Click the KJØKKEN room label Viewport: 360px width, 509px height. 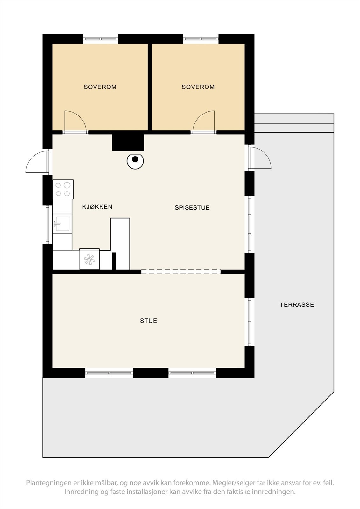click(x=97, y=207)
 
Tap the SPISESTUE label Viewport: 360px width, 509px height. click(x=192, y=208)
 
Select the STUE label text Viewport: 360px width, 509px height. click(x=149, y=321)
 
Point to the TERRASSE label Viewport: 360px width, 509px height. click(x=297, y=305)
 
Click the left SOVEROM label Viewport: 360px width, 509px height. click(x=100, y=87)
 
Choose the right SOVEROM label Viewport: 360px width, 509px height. click(x=198, y=87)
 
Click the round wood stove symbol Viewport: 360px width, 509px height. click(x=135, y=161)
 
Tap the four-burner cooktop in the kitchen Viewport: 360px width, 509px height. click(x=63, y=189)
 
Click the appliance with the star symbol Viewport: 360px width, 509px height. click(x=89, y=259)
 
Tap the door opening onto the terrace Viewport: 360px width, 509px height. click(x=260, y=158)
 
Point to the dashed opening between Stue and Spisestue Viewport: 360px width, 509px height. click(x=180, y=271)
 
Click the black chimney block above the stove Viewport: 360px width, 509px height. click(x=128, y=142)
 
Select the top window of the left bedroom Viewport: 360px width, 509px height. click(x=101, y=39)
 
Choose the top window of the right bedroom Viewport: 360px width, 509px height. click(x=201, y=39)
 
